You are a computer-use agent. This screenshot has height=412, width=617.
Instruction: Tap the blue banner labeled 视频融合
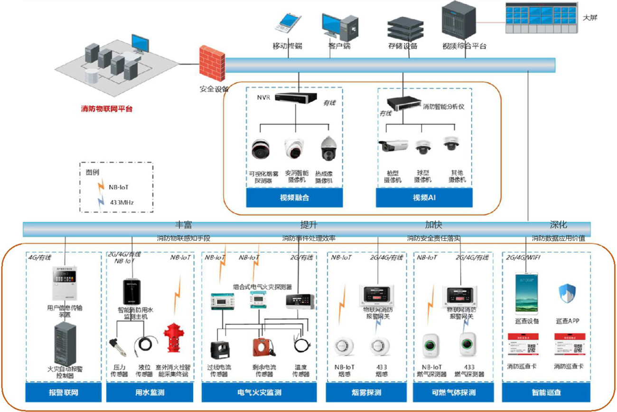pos(294,198)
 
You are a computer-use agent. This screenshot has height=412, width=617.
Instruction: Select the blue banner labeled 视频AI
pos(424,198)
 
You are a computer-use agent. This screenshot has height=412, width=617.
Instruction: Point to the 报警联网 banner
pos(63,393)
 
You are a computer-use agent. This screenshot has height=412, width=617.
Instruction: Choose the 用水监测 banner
pos(150,393)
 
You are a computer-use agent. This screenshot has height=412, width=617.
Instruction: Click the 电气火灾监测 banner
pos(259,393)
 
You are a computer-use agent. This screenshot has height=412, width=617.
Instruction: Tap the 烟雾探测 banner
pos(366,393)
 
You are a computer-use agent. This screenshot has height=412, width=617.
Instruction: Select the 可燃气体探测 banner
pos(454,393)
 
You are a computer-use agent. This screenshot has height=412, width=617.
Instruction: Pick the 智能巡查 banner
pos(546,393)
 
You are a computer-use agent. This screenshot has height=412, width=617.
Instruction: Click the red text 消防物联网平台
pos(107,109)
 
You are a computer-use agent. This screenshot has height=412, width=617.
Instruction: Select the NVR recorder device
pos(296,98)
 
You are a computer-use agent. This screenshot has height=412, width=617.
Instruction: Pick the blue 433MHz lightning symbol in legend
pos(100,202)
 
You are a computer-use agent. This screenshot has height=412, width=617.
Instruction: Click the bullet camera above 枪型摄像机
pos(393,146)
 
